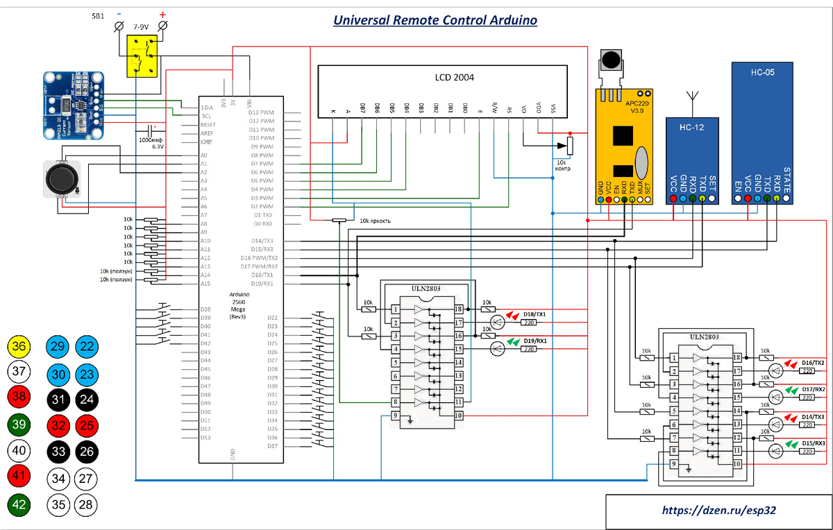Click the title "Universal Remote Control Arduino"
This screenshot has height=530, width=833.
point(435,20)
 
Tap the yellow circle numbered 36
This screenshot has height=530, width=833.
point(20,347)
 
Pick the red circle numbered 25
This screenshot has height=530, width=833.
point(87,425)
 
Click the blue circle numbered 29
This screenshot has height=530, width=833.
point(60,347)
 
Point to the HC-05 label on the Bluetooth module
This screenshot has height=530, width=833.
point(762,71)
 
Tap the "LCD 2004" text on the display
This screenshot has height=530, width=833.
point(454,78)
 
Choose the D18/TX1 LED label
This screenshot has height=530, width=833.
point(534,314)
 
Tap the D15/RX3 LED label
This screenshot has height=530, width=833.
point(813,443)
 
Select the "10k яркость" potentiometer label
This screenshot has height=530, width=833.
point(375,221)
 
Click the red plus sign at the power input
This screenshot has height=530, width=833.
point(163,14)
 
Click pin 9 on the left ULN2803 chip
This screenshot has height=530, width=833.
point(395,416)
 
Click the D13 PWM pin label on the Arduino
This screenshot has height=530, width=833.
point(262,112)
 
